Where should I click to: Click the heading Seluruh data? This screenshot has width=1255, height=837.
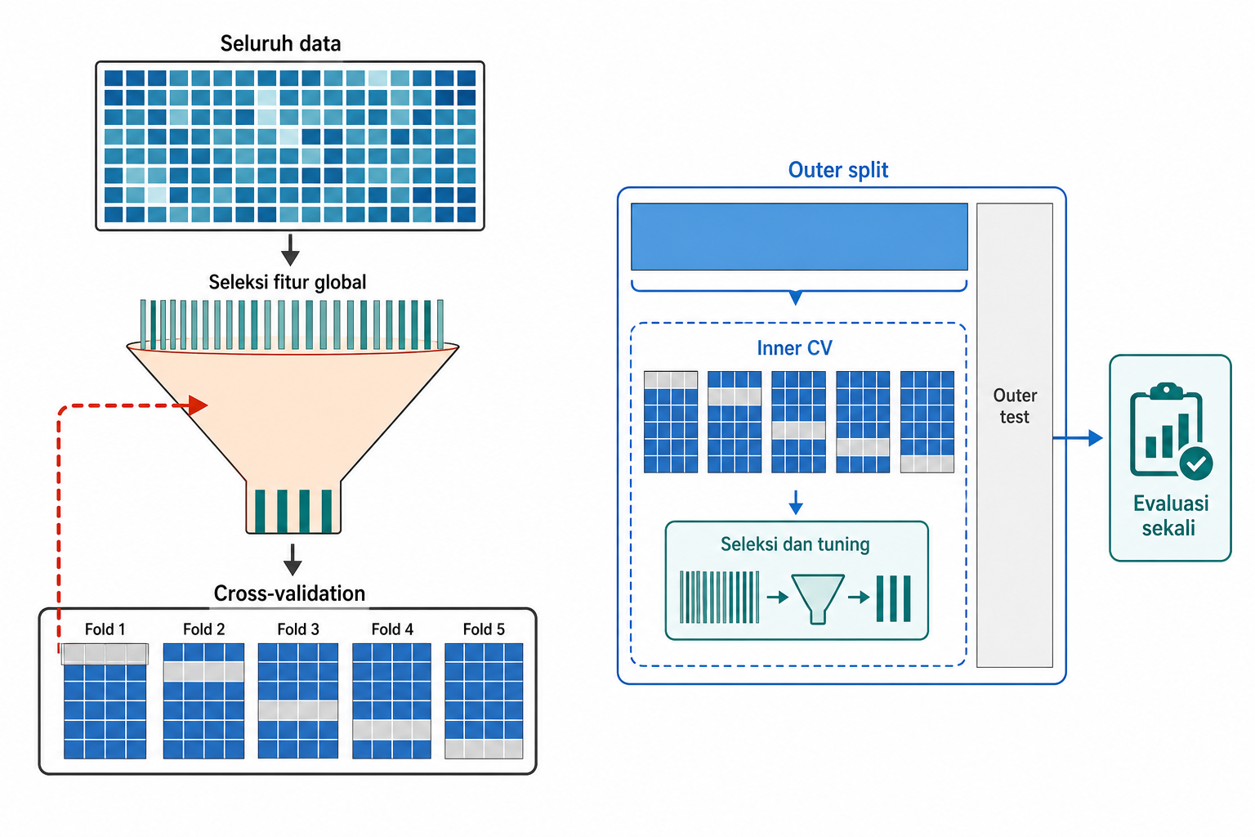(280, 43)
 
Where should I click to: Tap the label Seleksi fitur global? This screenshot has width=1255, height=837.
(288, 282)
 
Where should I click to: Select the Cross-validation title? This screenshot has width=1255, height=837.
(289, 593)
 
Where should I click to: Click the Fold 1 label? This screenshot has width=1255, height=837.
(105, 629)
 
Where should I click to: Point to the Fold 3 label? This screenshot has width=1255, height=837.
(298, 629)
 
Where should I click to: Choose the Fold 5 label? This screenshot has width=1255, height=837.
(484, 629)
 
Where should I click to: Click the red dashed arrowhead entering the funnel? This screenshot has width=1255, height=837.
(198, 405)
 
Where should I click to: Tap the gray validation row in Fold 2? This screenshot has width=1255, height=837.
(203, 672)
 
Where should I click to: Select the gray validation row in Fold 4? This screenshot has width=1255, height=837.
(391, 730)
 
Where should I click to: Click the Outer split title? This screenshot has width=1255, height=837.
(838, 170)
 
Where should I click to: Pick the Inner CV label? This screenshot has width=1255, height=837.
(794, 348)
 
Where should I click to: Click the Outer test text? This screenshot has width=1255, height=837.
(1015, 406)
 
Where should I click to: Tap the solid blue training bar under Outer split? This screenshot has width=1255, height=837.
(800, 236)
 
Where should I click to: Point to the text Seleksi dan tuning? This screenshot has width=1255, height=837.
(795, 544)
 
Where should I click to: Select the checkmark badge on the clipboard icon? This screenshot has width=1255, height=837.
(1196, 463)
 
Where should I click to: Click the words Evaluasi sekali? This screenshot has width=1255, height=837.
(1170, 516)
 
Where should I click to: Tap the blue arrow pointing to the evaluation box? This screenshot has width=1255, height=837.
(1078, 438)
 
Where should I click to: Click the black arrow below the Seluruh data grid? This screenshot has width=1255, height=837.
(290, 250)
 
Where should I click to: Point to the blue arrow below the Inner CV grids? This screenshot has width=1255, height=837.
(796, 503)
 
